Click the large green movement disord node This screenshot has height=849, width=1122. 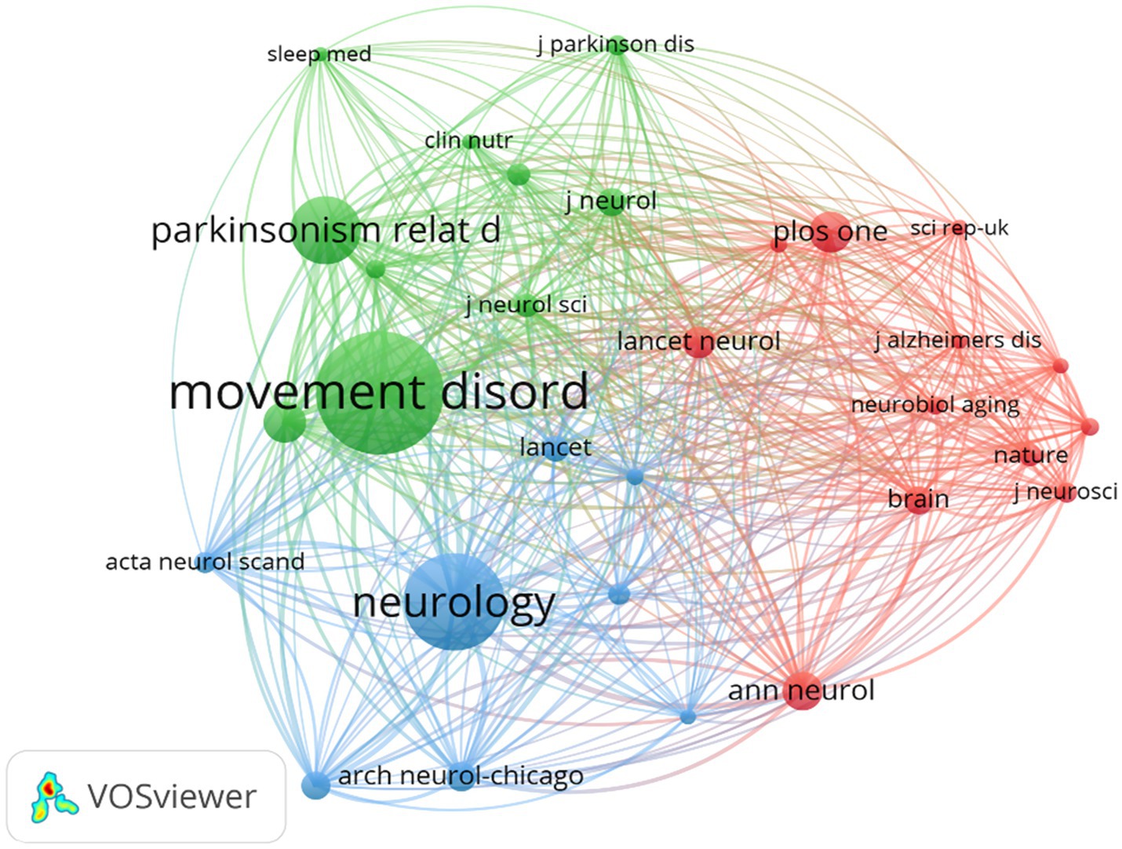(379, 392)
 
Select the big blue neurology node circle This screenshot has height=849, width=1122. (454, 602)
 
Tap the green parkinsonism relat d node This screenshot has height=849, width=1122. (326, 231)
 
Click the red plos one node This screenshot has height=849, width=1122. (829, 231)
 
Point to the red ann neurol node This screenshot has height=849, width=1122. (802, 690)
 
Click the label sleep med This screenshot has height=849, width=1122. (319, 54)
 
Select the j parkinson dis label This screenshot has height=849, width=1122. (615, 44)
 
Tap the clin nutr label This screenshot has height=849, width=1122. (468, 140)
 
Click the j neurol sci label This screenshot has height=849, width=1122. (526, 304)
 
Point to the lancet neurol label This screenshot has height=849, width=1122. (698, 341)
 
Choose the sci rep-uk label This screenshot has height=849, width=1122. (959, 228)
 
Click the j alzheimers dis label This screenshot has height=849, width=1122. (957, 340)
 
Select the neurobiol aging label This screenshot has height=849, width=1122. (935, 405)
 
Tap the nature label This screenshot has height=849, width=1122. (1030, 455)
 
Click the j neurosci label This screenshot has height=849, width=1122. (1065, 492)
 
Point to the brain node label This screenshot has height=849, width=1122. (918, 499)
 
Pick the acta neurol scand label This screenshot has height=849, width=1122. (205, 562)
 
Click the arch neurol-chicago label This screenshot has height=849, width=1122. (461, 776)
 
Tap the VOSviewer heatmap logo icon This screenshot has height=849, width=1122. (53, 797)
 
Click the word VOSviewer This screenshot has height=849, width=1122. (172, 797)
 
